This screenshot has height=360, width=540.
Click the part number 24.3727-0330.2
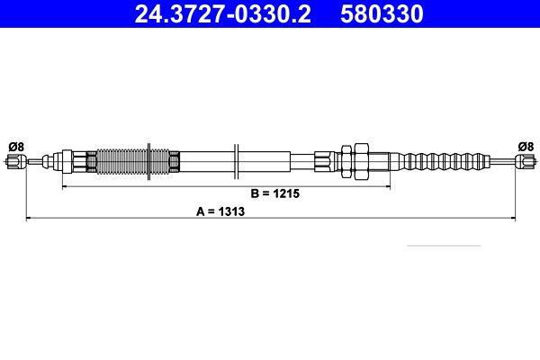[222, 14]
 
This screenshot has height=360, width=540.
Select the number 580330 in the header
[382, 14]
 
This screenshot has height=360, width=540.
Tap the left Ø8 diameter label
[16, 147]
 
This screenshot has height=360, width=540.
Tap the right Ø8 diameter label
[526, 147]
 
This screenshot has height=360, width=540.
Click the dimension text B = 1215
[275, 193]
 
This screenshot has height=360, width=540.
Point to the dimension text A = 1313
[220, 211]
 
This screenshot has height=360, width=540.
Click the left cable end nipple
[16, 161]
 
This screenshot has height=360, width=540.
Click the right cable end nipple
[526, 161]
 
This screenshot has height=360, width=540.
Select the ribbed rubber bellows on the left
[132, 162]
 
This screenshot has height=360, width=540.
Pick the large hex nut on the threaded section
[362, 161]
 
